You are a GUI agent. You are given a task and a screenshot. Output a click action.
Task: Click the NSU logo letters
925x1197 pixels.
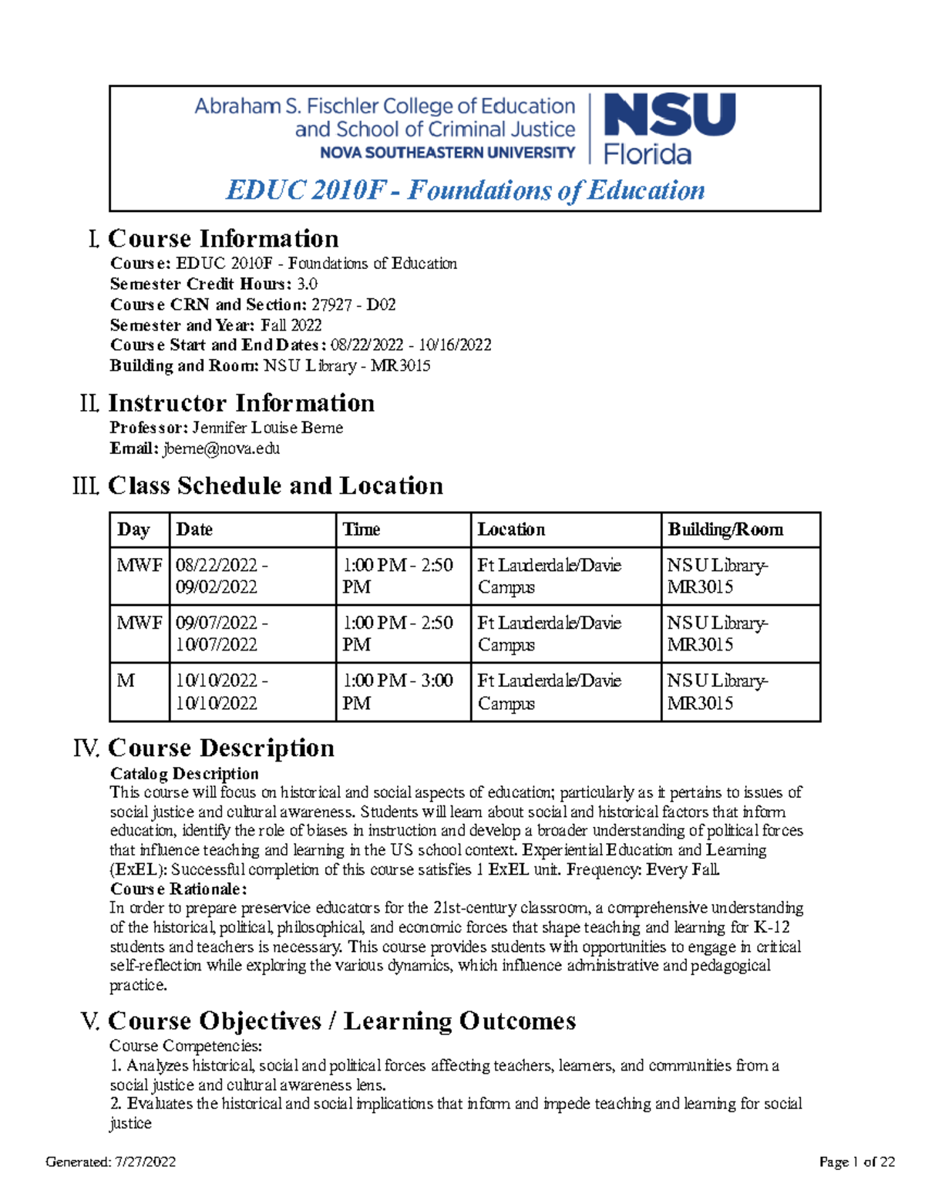[x=669, y=116]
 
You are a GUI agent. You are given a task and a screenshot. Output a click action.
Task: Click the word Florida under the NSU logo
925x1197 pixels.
[x=647, y=154]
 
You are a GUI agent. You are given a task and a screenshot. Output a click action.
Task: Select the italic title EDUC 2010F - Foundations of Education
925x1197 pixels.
[x=465, y=190]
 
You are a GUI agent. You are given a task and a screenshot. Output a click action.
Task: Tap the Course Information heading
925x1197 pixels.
[x=223, y=238]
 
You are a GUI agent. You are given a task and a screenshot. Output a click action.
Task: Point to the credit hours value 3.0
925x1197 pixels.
[x=307, y=284]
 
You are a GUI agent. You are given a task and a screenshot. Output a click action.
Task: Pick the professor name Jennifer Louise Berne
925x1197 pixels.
[x=267, y=428]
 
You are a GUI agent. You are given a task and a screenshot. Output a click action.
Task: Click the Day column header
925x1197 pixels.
[x=133, y=530]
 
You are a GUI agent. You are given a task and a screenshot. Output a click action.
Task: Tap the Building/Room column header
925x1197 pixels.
[x=725, y=530]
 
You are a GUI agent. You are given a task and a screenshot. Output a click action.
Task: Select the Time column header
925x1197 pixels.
[x=361, y=530]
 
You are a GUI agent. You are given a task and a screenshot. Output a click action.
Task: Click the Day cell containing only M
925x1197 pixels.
[x=126, y=681]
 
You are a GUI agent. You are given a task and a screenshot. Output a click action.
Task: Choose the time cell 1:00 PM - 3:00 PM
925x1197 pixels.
[x=398, y=691]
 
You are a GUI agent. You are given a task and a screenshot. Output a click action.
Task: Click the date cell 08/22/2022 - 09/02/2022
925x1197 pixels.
[x=222, y=576]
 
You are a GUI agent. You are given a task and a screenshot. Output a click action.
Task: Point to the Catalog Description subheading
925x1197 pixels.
[x=184, y=773]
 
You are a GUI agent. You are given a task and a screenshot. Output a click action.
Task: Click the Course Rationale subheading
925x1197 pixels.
[x=178, y=889]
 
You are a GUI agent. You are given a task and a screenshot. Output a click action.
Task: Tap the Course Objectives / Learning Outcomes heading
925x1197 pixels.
[x=341, y=1020]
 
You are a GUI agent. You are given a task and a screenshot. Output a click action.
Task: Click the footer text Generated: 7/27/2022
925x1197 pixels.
[x=111, y=1162]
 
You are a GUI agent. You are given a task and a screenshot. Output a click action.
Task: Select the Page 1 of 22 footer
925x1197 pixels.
[x=856, y=1162]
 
